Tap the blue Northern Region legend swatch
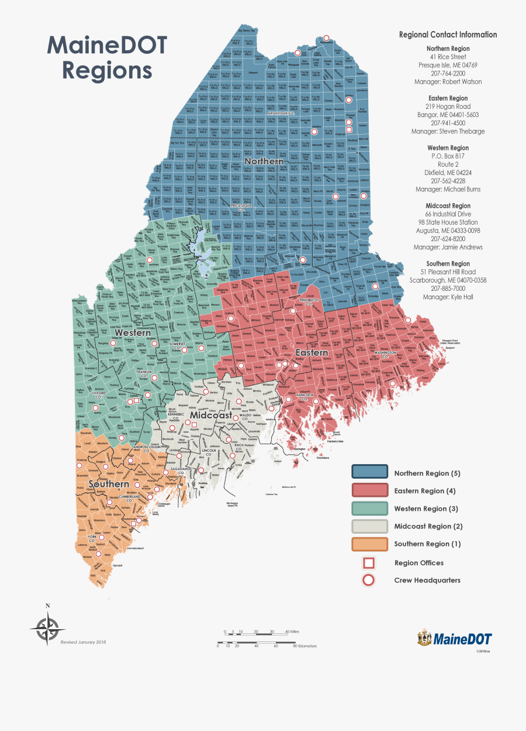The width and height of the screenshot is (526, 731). tap(369, 472)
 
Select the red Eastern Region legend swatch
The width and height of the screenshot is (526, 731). tap(369, 490)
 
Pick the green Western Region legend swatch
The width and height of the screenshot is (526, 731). tap(369, 508)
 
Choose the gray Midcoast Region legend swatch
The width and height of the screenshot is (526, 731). tap(369, 526)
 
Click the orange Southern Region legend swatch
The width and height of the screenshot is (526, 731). tap(369, 544)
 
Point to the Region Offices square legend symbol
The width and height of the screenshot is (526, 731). tap(369, 563)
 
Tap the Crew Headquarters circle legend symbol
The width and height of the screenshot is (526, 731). tap(369, 581)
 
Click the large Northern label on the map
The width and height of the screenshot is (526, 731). tap(264, 161)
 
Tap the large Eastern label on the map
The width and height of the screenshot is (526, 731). tap(311, 353)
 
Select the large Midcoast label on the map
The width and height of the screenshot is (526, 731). tap(210, 415)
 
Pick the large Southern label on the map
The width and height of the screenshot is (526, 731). tap(109, 484)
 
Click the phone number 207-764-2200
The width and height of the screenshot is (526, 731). tap(448, 74)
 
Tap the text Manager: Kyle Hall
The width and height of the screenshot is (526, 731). tap(448, 297)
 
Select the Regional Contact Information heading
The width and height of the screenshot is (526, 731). tap(448, 35)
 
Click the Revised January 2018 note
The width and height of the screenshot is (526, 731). tap(83, 642)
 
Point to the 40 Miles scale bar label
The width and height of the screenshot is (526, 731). tap(292, 632)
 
